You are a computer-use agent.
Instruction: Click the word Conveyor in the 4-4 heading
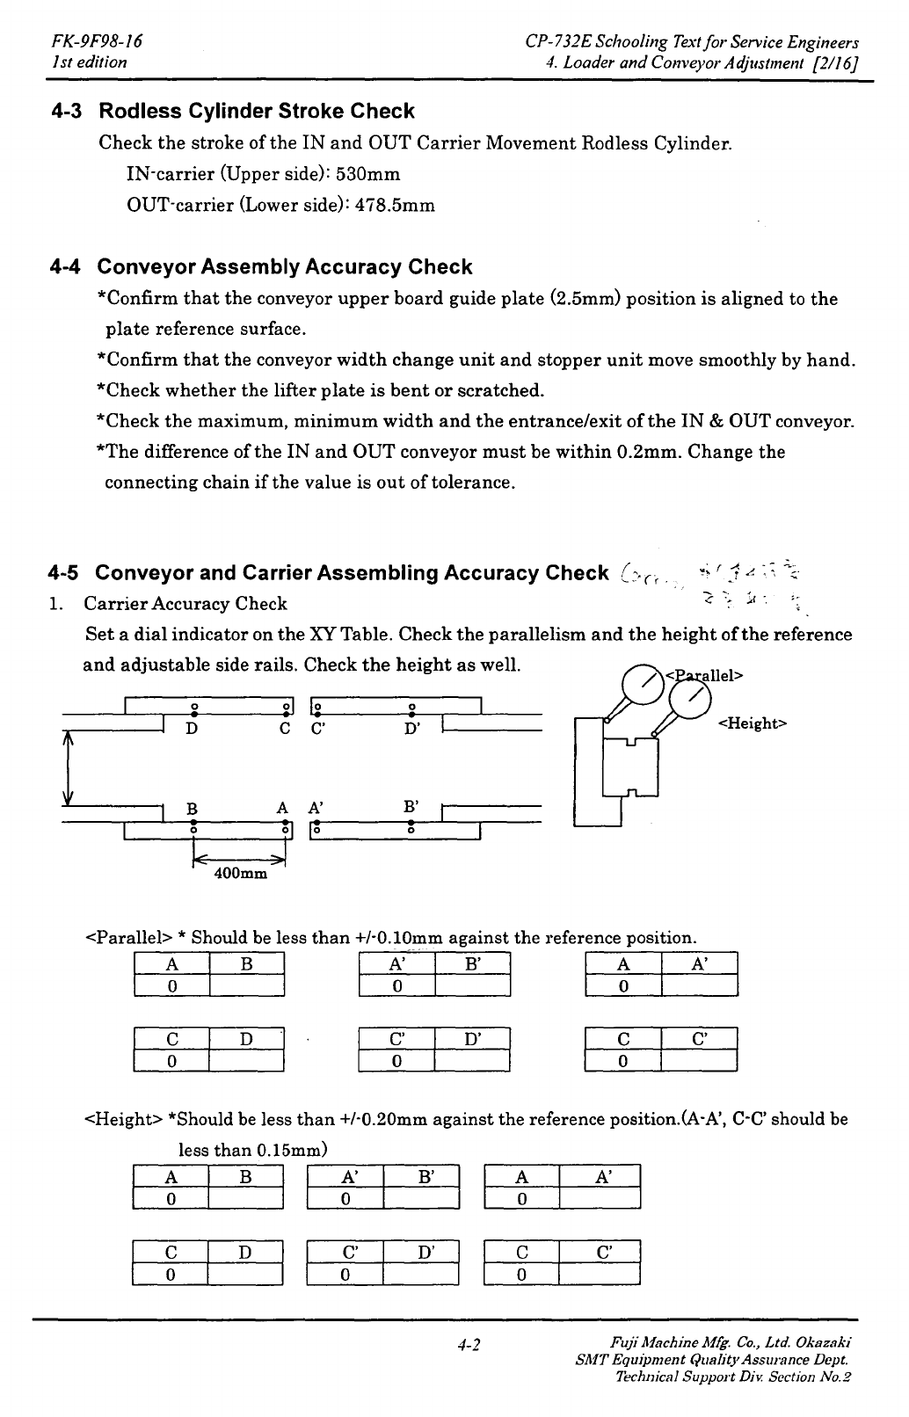coord(143,267)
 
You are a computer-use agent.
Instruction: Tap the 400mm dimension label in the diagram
coord(240,875)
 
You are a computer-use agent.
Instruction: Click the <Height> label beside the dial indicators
coord(753,723)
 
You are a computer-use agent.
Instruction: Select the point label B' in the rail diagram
coord(411,806)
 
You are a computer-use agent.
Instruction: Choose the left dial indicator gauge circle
coord(641,680)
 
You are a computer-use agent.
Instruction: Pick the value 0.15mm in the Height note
coord(291,1150)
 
